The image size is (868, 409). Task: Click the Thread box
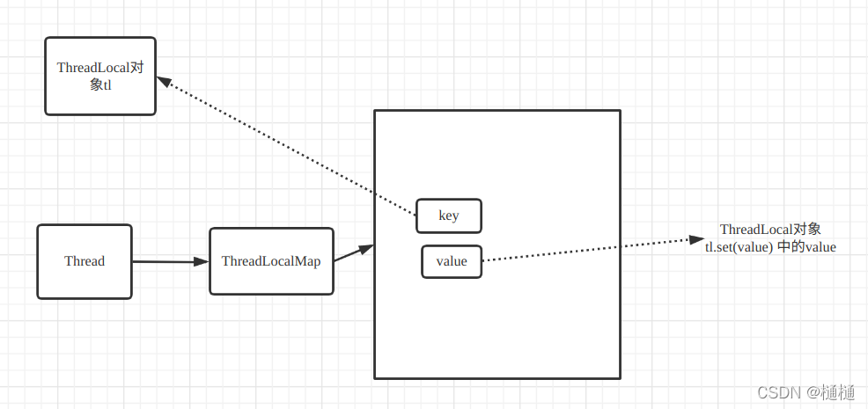pos(85,261)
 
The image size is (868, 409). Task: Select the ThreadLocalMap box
pos(271,261)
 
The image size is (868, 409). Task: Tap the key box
pos(449,215)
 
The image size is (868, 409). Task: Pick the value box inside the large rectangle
pos(452,261)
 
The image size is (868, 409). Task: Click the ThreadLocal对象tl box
pos(100,76)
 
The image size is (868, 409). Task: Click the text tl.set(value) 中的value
pos(770,248)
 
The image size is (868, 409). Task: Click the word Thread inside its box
pos(85,261)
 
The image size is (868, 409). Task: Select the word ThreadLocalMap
pos(271,261)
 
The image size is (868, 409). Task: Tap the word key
pos(449,215)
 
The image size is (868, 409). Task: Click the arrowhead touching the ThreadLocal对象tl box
pos(164,81)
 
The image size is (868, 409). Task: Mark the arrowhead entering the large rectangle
pos(367,247)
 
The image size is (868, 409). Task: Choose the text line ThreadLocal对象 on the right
pos(770,230)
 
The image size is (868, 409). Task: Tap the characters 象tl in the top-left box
pos(100,85)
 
